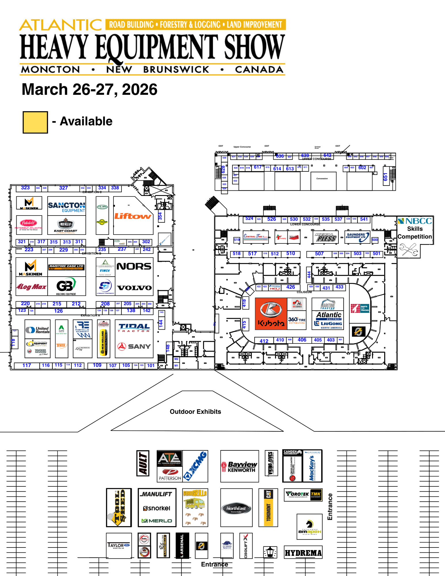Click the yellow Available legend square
pyautogui.click(x=35, y=122)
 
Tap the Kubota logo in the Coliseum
pyautogui.click(x=271, y=314)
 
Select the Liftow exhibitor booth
pyautogui.click(x=133, y=216)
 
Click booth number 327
pyautogui.click(x=63, y=188)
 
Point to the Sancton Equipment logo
pyautogui.click(x=67, y=207)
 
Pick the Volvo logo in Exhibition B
pyautogui.click(x=135, y=288)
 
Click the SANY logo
pyautogui.click(x=134, y=346)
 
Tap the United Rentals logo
pyautogui.click(x=38, y=330)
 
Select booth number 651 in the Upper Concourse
pyautogui.click(x=385, y=177)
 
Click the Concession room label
pyautogui.click(x=322, y=179)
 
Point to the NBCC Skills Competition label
pyautogui.click(x=415, y=229)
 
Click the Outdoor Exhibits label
pyautogui.click(x=195, y=412)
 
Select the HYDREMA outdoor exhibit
pyautogui.click(x=303, y=553)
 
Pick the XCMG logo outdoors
pyautogui.click(x=196, y=466)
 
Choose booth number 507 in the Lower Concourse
pyautogui.click(x=319, y=254)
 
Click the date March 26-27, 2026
pyautogui.click(x=90, y=89)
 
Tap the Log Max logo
pyautogui.click(x=31, y=287)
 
